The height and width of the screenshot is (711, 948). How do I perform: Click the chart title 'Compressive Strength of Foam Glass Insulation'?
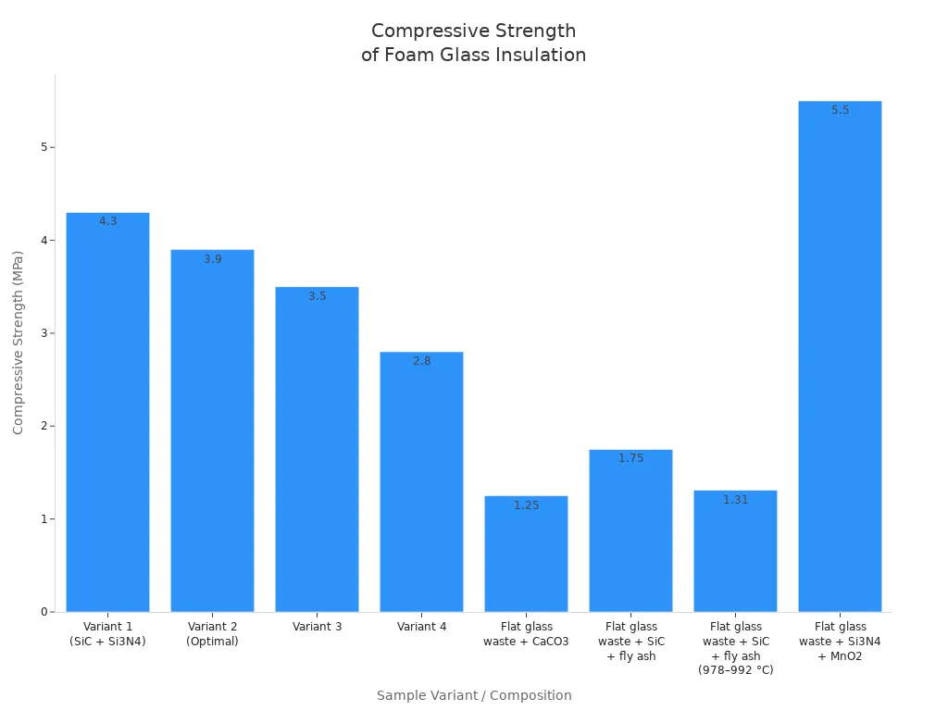click(x=473, y=43)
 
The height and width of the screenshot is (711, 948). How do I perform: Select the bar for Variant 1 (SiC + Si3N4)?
click(x=107, y=417)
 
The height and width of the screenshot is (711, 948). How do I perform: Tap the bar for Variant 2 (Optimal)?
click(x=212, y=435)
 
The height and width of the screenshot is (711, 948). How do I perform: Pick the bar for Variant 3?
click(x=317, y=454)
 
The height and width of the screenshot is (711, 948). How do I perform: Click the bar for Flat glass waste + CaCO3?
click(x=526, y=555)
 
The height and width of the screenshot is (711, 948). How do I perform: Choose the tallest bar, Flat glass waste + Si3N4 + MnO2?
click(x=840, y=361)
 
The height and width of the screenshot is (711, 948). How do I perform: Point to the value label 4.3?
click(x=108, y=221)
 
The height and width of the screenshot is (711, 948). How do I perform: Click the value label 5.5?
click(x=840, y=110)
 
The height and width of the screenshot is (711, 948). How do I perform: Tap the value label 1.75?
click(x=630, y=458)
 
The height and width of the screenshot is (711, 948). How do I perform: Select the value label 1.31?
click(x=735, y=500)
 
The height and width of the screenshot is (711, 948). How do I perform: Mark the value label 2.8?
click(x=421, y=361)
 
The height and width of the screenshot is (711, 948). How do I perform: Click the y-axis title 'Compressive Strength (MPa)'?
click(x=19, y=343)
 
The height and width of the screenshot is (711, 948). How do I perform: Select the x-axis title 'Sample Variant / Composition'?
click(x=473, y=695)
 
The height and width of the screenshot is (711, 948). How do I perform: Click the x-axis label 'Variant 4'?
click(x=421, y=627)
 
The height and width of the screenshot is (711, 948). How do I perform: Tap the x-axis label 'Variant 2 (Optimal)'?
click(x=212, y=634)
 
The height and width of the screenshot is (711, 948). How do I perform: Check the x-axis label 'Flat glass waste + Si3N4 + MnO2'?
click(x=840, y=641)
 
